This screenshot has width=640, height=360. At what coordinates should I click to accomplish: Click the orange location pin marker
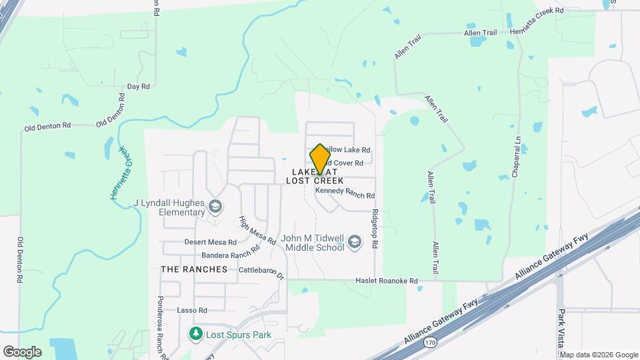coord(320,159)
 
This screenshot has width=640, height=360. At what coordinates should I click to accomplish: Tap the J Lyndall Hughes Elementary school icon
coord(215,207)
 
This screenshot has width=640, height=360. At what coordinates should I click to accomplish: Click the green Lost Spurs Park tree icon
coord(196,333)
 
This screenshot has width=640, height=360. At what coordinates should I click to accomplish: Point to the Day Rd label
coord(138,87)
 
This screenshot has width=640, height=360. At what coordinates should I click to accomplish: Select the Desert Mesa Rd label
coord(210,242)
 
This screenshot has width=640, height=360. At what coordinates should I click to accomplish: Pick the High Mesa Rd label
coord(257,231)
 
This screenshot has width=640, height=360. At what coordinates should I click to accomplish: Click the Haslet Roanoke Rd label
coord(386,281)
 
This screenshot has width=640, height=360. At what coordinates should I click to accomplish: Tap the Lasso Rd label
coord(193,310)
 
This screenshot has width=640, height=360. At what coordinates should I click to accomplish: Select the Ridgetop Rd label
coord(375,231)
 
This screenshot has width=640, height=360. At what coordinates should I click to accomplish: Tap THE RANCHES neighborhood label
coord(194,269)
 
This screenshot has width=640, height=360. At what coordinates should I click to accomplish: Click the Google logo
coord(22,351)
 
